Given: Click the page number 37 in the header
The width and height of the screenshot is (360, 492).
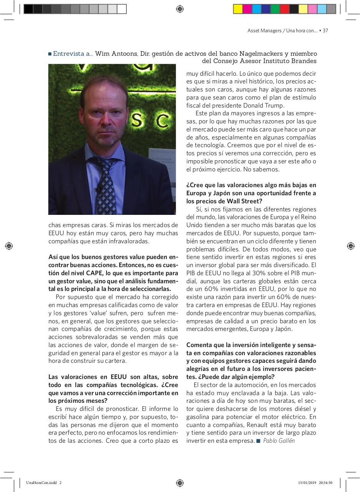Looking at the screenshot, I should [325, 31].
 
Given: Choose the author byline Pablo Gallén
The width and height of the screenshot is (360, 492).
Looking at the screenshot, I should [279, 441].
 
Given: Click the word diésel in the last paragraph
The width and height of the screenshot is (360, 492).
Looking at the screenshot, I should [297, 409].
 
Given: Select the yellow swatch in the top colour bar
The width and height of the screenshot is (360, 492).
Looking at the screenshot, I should [238, 9].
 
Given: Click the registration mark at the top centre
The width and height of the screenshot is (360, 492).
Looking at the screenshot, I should [180, 9].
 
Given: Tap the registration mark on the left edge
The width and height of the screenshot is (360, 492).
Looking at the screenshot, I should [9, 246].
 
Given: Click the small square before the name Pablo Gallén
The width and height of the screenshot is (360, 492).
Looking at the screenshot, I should [259, 441].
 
